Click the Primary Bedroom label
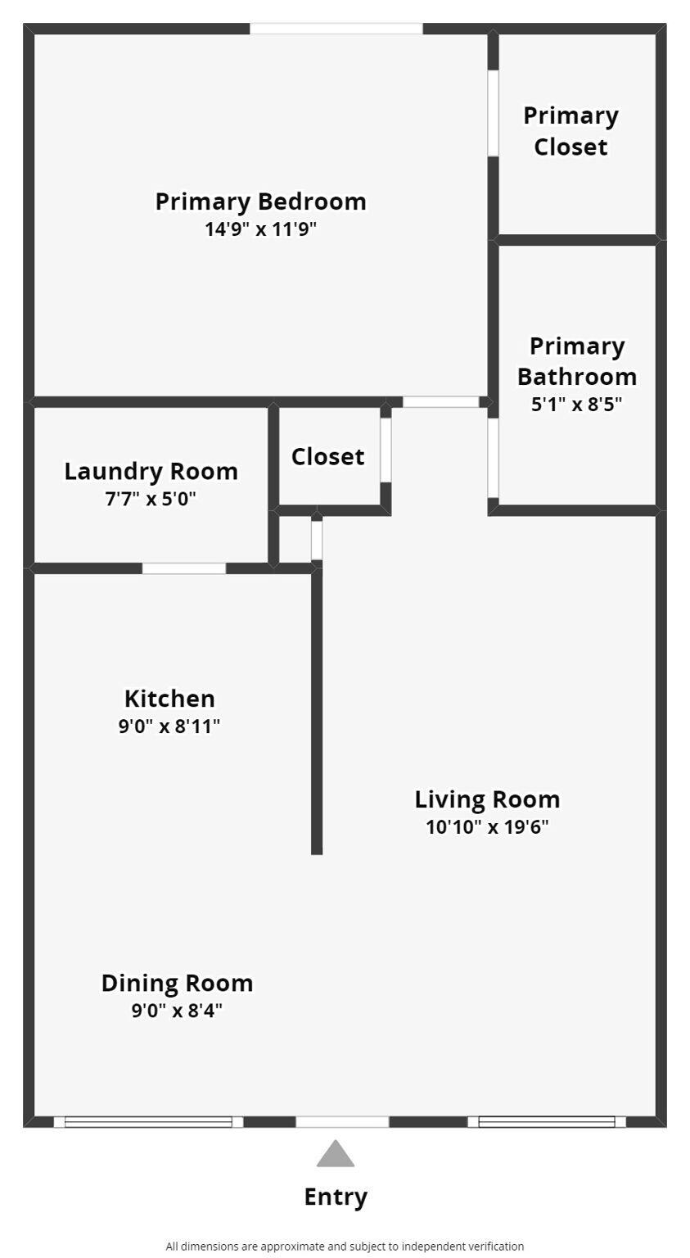(260, 202)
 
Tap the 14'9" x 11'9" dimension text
(260, 229)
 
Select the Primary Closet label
(571, 131)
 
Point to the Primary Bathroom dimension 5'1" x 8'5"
(576, 404)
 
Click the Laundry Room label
(151, 472)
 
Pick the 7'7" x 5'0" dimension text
(151, 499)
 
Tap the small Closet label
(328, 456)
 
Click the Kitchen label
(169, 699)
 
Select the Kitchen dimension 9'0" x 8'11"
(169, 726)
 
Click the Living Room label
(487, 799)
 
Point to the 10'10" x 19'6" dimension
(487, 826)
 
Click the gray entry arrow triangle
(335, 1155)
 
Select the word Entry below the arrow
(336, 1197)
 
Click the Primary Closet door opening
(493, 113)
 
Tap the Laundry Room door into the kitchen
(184, 568)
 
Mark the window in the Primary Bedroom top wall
(336, 29)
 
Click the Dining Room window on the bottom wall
(149, 1122)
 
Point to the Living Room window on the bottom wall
(547, 1122)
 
